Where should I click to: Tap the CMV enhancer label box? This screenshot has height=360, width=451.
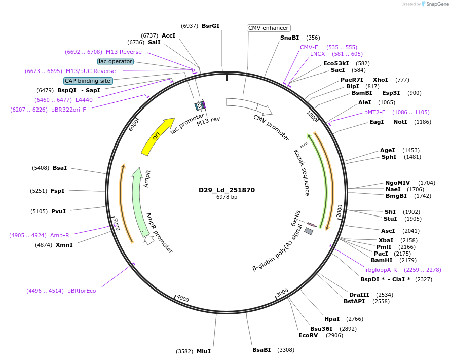tap(269, 28)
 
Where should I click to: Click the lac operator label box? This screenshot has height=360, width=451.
tap(116, 61)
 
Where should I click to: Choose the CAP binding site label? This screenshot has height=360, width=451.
tap(88, 81)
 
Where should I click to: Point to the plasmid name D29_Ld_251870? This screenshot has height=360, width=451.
tap(227, 190)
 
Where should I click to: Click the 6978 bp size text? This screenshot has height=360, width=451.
tap(227, 197)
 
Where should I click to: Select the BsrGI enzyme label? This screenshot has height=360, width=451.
tap(210, 26)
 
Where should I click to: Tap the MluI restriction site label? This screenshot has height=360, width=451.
tap(203, 351)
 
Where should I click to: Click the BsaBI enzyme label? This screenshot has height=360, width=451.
tap(261, 350)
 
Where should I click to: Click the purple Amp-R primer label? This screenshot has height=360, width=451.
tap(59, 235)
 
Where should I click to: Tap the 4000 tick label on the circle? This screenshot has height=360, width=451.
tap(182, 299)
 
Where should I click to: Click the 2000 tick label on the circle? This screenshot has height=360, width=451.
tap(340, 209)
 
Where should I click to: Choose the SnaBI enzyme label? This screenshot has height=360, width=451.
tap(289, 38)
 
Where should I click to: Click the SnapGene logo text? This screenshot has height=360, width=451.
tap(437, 4)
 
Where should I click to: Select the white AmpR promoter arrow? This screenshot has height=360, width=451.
tap(149, 240)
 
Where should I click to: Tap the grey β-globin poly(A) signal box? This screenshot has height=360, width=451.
tap(308, 231)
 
